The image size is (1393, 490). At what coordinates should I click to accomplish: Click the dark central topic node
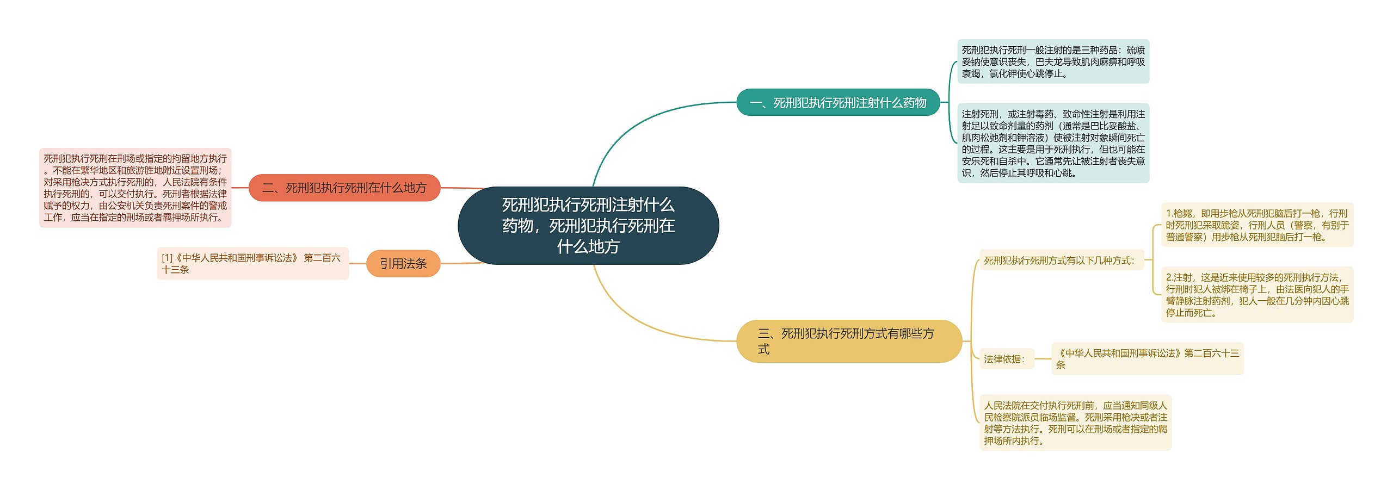click(588, 225)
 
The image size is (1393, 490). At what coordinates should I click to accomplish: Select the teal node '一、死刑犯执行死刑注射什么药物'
click(837, 102)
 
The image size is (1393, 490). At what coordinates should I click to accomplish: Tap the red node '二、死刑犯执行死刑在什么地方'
click(344, 188)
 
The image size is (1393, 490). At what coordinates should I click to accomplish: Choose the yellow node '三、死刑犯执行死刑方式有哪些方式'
click(848, 341)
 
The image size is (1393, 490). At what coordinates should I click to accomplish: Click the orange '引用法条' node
click(403, 264)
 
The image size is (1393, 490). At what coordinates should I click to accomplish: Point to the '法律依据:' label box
click(1006, 359)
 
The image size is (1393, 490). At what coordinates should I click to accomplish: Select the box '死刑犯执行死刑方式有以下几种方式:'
click(1061, 260)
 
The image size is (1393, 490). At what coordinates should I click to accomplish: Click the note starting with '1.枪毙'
click(1256, 225)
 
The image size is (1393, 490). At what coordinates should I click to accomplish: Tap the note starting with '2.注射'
click(1256, 295)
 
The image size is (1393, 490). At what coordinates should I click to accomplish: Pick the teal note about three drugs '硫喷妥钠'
click(1053, 61)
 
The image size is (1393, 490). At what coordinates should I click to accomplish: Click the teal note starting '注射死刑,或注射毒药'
click(1053, 143)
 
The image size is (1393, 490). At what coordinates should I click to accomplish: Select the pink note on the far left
click(135, 188)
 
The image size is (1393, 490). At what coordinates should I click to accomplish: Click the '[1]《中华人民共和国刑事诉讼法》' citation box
click(252, 264)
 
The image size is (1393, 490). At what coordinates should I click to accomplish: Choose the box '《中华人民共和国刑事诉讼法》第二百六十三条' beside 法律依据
click(1147, 359)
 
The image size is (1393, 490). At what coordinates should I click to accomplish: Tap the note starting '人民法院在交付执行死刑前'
click(1075, 423)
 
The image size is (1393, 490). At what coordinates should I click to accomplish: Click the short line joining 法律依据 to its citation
click(1042, 359)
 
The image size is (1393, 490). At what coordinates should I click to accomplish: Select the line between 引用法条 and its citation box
click(358, 263)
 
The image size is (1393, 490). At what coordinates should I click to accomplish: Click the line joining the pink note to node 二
click(240, 188)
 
